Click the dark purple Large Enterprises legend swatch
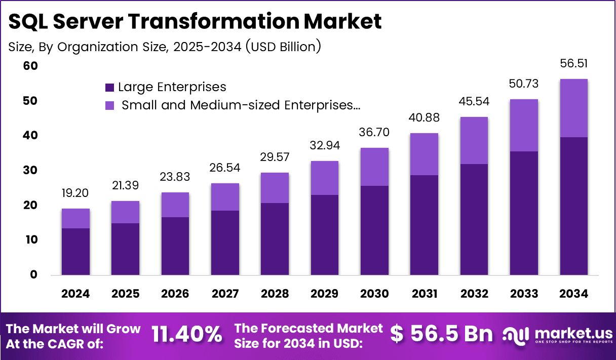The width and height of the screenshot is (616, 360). click(109, 88)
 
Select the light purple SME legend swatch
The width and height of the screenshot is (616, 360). click(109, 105)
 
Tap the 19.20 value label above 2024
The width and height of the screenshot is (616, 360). click(75, 193)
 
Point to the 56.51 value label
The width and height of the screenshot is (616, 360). click(573, 63)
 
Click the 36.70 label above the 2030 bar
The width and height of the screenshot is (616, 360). click(374, 132)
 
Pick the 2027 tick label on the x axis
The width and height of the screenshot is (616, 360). click(225, 294)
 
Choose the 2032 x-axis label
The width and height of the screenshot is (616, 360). click(474, 294)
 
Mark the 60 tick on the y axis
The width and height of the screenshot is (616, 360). click(30, 66)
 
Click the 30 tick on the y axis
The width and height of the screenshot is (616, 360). click(30, 171)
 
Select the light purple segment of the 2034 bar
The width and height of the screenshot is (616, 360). click(573, 108)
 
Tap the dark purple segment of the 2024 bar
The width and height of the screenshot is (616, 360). click(75, 252)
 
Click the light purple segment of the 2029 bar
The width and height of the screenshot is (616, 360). click(325, 178)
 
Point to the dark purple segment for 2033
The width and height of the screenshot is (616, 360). click(524, 213)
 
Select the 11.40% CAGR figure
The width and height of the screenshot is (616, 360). click(187, 335)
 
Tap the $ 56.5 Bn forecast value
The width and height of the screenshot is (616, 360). click(441, 334)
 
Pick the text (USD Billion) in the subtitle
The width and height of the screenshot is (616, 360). click(283, 46)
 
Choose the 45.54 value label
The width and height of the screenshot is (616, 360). click(474, 101)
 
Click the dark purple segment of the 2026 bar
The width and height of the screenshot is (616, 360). click(175, 246)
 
